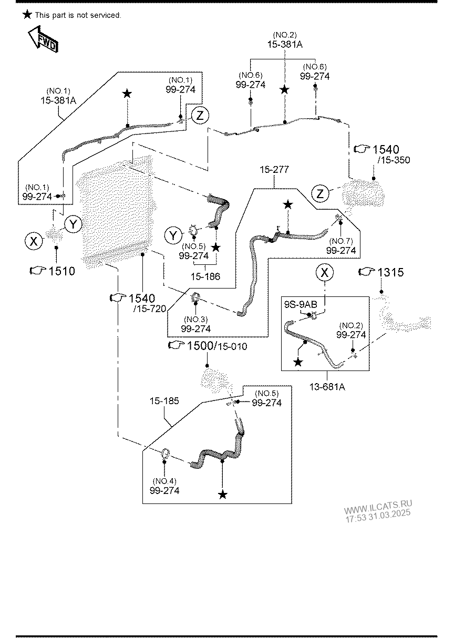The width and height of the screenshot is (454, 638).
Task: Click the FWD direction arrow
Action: pyautogui.click(x=43, y=40)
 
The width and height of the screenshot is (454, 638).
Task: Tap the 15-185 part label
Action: pyautogui.click(x=164, y=401)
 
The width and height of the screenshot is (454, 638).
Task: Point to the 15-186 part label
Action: pyautogui.click(x=205, y=276)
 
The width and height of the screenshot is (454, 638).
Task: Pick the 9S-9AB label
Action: pyautogui.click(x=301, y=304)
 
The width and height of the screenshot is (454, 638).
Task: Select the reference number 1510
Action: pyautogui.click(x=61, y=271)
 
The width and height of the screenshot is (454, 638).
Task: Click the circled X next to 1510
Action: pyautogui.click(x=34, y=241)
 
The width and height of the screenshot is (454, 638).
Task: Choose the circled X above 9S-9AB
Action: pyautogui.click(x=324, y=272)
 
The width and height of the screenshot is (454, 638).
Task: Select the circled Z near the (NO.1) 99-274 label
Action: pyautogui.click(x=200, y=115)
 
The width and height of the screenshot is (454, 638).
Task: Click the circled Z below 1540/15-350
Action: pyautogui.click(x=321, y=194)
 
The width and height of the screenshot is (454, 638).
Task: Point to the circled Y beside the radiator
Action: pyautogui.click(x=74, y=225)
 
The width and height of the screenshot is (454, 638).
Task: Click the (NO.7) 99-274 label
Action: pyautogui.click(x=340, y=246)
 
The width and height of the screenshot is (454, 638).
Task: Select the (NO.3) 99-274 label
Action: pyautogui.click(x=195, y=324)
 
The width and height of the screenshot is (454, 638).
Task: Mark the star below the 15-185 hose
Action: pyautogui.click(x=223, y=495)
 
